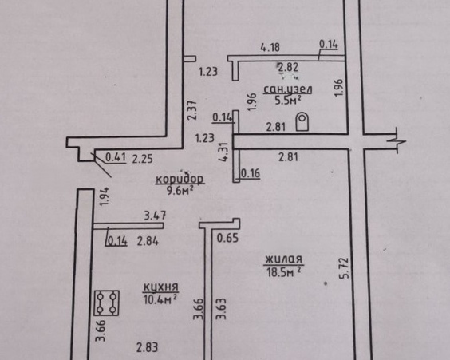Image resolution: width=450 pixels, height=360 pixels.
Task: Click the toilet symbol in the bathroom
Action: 302,122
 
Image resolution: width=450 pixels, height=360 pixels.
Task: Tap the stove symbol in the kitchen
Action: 107,303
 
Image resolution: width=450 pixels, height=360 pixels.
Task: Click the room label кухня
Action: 160,287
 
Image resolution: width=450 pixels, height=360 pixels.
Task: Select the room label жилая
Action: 283,259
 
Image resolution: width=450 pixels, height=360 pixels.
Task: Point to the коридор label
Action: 180,179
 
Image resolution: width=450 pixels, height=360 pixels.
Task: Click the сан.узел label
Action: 288,89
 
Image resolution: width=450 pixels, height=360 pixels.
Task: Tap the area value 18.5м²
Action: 284,271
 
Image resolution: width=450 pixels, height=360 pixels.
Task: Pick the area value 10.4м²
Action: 160,299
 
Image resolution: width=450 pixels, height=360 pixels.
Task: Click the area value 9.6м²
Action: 180,190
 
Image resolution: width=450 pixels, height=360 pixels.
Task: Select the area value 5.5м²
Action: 288,101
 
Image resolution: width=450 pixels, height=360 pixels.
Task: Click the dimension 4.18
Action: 270,47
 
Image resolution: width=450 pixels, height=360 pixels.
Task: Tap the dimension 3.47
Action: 155,216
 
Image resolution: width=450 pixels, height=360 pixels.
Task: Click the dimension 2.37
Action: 191,110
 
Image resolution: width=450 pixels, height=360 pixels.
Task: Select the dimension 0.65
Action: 227,238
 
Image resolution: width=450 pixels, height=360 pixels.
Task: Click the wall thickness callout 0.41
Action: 116,157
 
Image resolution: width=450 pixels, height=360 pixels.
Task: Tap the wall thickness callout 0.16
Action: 251,173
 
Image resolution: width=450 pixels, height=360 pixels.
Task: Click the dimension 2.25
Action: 142,159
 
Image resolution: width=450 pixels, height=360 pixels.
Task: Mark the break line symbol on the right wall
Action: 397,141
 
